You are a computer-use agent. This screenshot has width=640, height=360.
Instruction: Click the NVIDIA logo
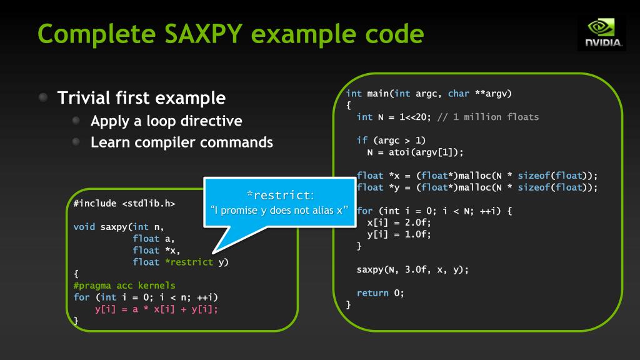coord(601,33)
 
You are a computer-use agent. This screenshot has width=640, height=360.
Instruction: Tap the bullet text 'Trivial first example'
coord(141,98)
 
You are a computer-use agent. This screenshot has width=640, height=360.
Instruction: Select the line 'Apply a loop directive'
coord(166,120)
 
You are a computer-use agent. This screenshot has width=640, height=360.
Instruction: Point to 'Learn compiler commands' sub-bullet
coord(182,142)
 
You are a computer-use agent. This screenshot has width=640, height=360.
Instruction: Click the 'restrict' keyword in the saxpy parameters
coord(191,262)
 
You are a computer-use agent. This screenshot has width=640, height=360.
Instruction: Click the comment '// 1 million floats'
coord(496,117)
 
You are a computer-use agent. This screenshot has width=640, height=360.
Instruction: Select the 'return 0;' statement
coord(381,292)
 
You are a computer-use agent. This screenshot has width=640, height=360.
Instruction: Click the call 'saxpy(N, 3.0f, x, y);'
coord(412,269)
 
